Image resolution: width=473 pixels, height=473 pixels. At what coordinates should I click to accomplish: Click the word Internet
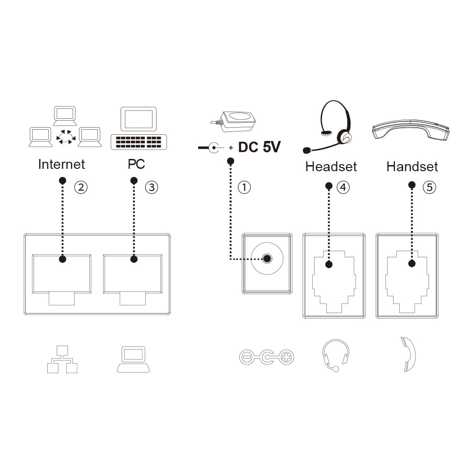(x=61, y=165)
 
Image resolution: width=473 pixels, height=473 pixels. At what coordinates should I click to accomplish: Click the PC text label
(x=136, y=165)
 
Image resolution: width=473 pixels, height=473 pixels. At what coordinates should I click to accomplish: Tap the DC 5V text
(x=259, y=147)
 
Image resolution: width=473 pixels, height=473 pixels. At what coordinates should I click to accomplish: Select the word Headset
(x=331, y=166)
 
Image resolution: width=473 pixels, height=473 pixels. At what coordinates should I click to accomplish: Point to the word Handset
(x=412, y=166)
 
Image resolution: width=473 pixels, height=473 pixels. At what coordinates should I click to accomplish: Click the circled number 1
(x=244, y=187)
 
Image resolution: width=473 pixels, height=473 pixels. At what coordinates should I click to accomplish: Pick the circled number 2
(x=81, y=187)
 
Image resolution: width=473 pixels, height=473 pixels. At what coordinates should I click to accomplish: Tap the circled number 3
(x=152, y=187)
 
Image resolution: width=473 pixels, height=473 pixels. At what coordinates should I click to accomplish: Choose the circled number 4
(x=343, y=187)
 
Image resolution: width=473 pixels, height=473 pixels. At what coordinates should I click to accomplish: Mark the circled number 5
(x=429, y=187)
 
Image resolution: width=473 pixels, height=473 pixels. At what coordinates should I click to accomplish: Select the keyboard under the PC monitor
(x=139, y=142)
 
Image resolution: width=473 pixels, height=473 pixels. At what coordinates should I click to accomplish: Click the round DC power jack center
(x=267, y=259)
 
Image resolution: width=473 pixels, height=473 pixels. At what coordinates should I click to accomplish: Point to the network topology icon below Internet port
(x=62, y=359)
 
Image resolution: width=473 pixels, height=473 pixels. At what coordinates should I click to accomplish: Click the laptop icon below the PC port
(x=133, y=359)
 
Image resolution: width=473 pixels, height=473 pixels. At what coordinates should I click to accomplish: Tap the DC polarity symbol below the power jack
(x=267, y=358)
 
